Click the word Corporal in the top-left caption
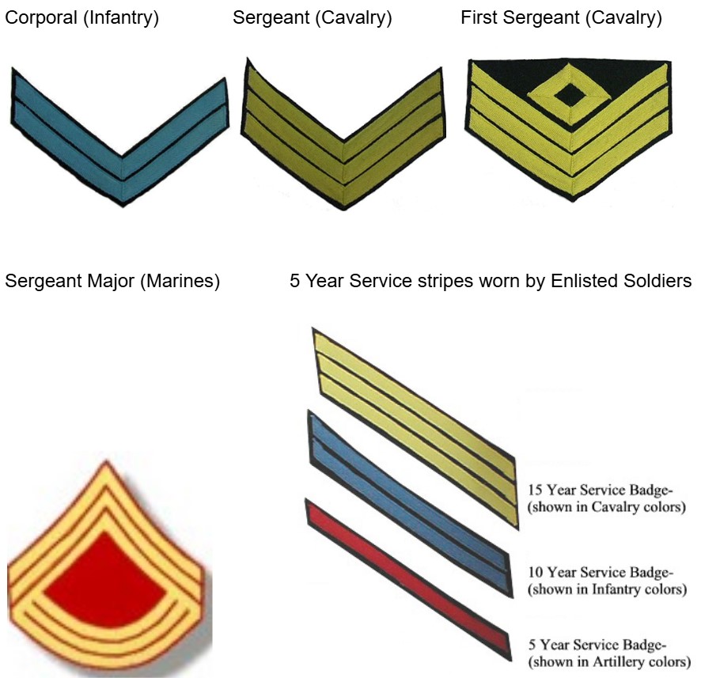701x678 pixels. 41,18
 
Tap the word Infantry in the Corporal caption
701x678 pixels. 121,18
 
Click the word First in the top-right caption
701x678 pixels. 479,18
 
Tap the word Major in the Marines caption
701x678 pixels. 111,282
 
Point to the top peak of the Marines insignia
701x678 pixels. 106,460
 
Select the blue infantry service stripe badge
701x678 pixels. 409,503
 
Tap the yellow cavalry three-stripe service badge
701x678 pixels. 415,429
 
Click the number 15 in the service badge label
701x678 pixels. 535,490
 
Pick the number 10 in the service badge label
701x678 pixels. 535,572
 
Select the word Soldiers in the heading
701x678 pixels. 665,281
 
